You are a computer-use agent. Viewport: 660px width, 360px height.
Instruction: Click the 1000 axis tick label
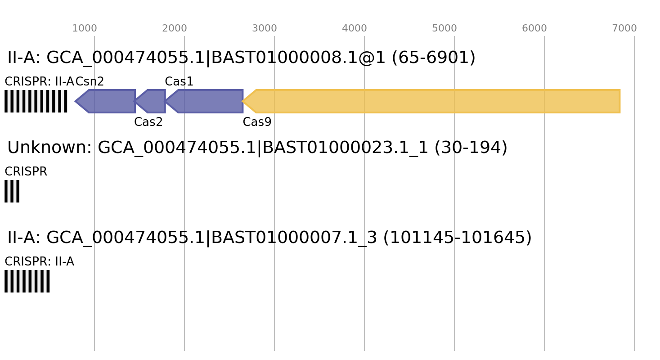coord(85,28)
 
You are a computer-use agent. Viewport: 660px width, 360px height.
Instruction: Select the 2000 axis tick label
coord(175,28)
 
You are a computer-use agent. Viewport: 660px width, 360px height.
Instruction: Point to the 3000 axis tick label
coord(265,28)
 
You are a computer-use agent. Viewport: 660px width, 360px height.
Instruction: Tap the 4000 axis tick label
coord(355,28)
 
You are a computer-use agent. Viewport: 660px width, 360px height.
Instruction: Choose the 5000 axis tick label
coord(444,28)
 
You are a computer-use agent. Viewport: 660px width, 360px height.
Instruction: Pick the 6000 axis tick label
coord(534,28)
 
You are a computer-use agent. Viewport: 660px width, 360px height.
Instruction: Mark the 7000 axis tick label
coord(624,28)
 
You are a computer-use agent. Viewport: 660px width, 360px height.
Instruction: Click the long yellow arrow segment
coord(432,101)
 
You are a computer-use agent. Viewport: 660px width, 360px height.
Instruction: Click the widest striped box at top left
coord(36,101)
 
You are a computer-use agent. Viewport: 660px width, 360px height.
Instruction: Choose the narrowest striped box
coord(12,191)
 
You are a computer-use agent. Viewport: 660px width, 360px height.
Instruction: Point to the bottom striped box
coord(27,281)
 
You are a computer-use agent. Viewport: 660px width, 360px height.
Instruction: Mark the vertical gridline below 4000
coord(364,202)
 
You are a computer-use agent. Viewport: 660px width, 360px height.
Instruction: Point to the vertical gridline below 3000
coord(274,202)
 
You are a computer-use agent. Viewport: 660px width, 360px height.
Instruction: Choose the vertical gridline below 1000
coord(94,202)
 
